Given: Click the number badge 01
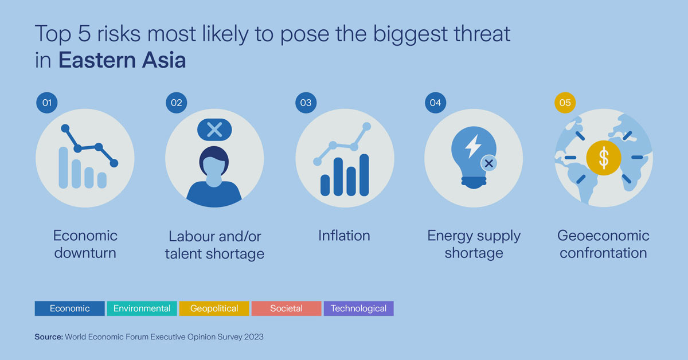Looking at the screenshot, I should click(x=47, y=103).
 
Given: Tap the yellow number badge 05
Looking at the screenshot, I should click(x=565, y=103).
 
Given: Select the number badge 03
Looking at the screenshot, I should click(x=306, y=103).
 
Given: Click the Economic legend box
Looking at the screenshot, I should click(x=69, y=308).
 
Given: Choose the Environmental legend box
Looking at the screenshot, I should click(x=142, y=308).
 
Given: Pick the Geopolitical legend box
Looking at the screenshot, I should click(x=214, y=308).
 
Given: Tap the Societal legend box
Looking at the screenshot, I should click(x=286, y=308).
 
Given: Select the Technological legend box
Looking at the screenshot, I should click(x=358, y=308).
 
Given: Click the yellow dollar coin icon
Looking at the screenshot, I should click(x=603, y=158).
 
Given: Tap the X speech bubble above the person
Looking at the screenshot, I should click(x=214, y=130).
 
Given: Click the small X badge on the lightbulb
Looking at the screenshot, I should click(x=488, y=163).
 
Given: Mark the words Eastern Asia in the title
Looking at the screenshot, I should click(x=122, y=61).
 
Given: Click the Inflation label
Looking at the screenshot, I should click(x=344, y=236).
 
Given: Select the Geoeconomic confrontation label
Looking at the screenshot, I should click(x=603, y=244).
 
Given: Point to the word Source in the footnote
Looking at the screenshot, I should click(x=49, y=337).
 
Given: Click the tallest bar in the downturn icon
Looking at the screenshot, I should click(x=63, y=167).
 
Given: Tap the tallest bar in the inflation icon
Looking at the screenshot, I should click(x=363, y=175).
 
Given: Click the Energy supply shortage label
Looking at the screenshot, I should click(x=474, y=244).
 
